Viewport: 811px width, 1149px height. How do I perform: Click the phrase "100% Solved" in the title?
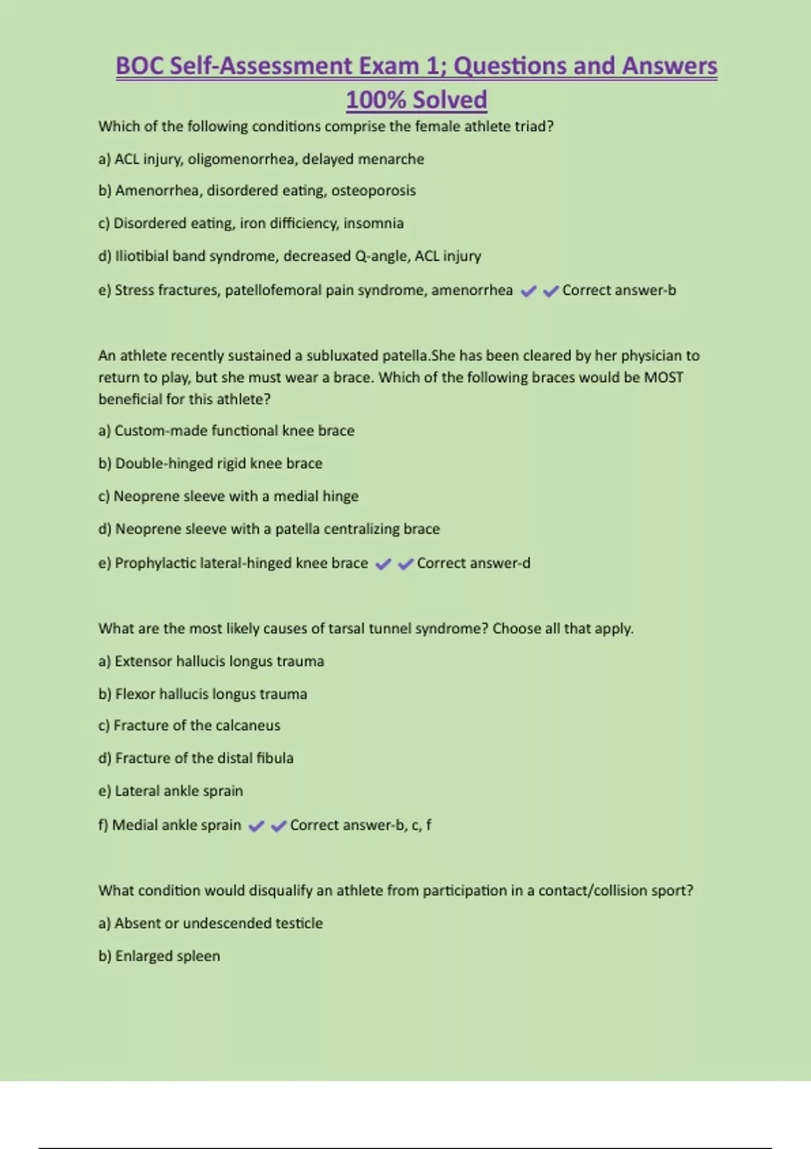pos(416,100)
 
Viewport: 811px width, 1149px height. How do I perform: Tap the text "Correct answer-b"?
pos(618,291)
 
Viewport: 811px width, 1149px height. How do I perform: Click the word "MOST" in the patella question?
pos(663,377)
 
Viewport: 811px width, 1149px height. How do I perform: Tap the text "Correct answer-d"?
pos(473,563)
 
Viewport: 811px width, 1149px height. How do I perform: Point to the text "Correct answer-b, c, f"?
pos(360,825)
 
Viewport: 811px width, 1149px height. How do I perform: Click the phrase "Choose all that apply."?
pos(562,629)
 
